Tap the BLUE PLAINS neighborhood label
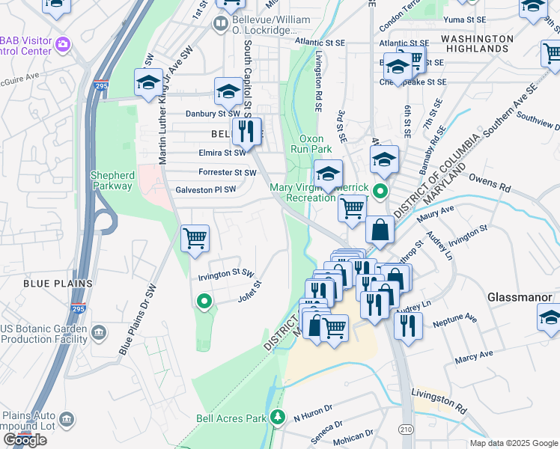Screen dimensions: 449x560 tap(58, 284)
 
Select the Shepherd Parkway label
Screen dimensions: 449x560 tap(112, 180)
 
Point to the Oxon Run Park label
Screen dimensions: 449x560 tap(311, 144)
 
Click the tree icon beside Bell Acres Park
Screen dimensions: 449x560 tap(279, 416)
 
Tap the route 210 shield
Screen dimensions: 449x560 tap(406, 429)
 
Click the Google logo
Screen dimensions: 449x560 tap(25, 440)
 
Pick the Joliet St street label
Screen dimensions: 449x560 tap(249, 290)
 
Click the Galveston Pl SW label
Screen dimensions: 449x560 tap(205, 190)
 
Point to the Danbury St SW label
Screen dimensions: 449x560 tap(212, 114)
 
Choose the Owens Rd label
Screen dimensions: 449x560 tap(488, 180)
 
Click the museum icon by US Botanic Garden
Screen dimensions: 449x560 tap(99, 332)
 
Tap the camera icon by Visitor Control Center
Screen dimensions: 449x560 tap(62, 44)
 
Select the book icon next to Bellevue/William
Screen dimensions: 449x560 tap(221, 24)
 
